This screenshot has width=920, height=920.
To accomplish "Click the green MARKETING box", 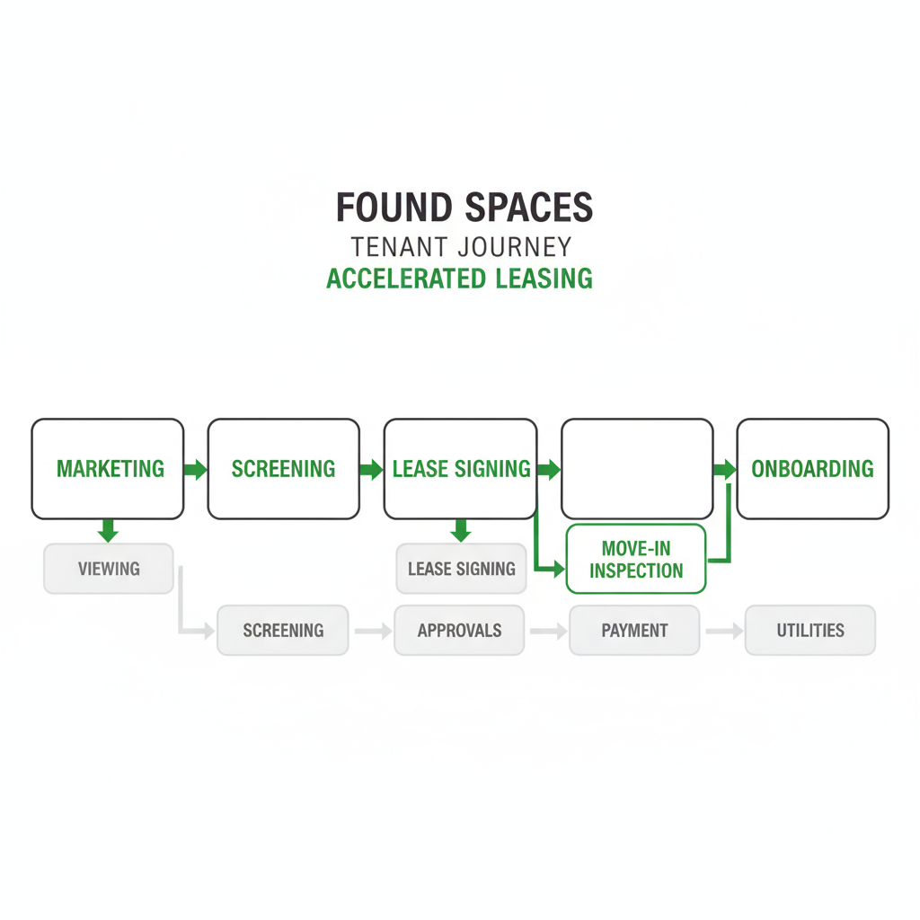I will pos(108,468).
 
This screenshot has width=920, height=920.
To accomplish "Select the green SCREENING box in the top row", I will pos(283,468).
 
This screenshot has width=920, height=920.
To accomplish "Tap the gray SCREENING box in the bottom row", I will pos(283,630).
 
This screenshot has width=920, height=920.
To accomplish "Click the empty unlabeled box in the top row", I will pos(637,468).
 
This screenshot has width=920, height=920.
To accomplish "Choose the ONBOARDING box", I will pos(812,468).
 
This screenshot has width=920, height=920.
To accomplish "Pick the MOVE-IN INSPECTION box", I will pos(636,559).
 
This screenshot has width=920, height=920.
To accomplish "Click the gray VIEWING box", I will pos(109,569).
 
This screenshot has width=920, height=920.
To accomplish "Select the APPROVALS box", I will pos(459,630).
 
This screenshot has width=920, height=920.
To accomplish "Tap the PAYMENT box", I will pos(634,630).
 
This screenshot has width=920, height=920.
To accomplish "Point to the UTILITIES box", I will pos(810,630).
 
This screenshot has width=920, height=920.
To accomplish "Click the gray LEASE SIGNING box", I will pos(461,569).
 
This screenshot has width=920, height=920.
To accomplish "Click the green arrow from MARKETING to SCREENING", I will pos(195,469).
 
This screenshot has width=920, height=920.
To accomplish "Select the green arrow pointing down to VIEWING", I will pos(108,531).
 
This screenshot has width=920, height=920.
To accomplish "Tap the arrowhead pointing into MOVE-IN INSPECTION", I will pos(558,568).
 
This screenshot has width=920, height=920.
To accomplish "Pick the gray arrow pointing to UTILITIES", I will pos(723,631).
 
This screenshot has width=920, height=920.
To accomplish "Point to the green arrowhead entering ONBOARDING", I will pos(728,469).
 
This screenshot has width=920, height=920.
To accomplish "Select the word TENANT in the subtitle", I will pos(402,246).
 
